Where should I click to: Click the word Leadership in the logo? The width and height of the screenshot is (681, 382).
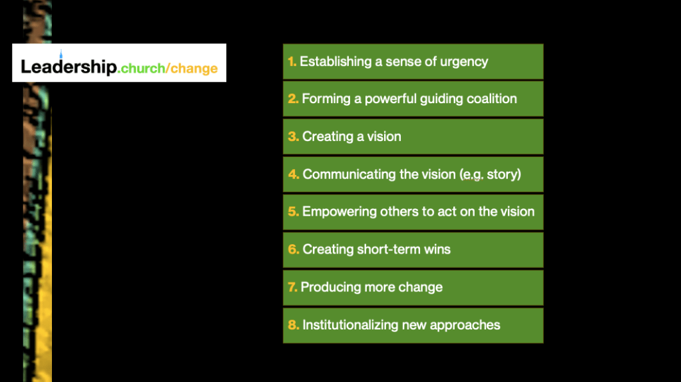click(69, 67)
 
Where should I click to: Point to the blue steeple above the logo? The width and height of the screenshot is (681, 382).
click(61, 53)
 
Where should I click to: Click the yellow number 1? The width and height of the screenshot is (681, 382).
click(292, 62)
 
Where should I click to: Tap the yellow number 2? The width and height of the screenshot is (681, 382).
click(293, 99)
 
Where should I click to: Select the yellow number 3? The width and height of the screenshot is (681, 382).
click(293, 137)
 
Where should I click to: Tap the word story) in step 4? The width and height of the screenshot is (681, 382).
click(504, 174)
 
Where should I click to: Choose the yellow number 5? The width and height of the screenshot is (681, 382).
click(293, 212)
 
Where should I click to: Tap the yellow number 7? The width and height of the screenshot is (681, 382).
click(292, 287)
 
